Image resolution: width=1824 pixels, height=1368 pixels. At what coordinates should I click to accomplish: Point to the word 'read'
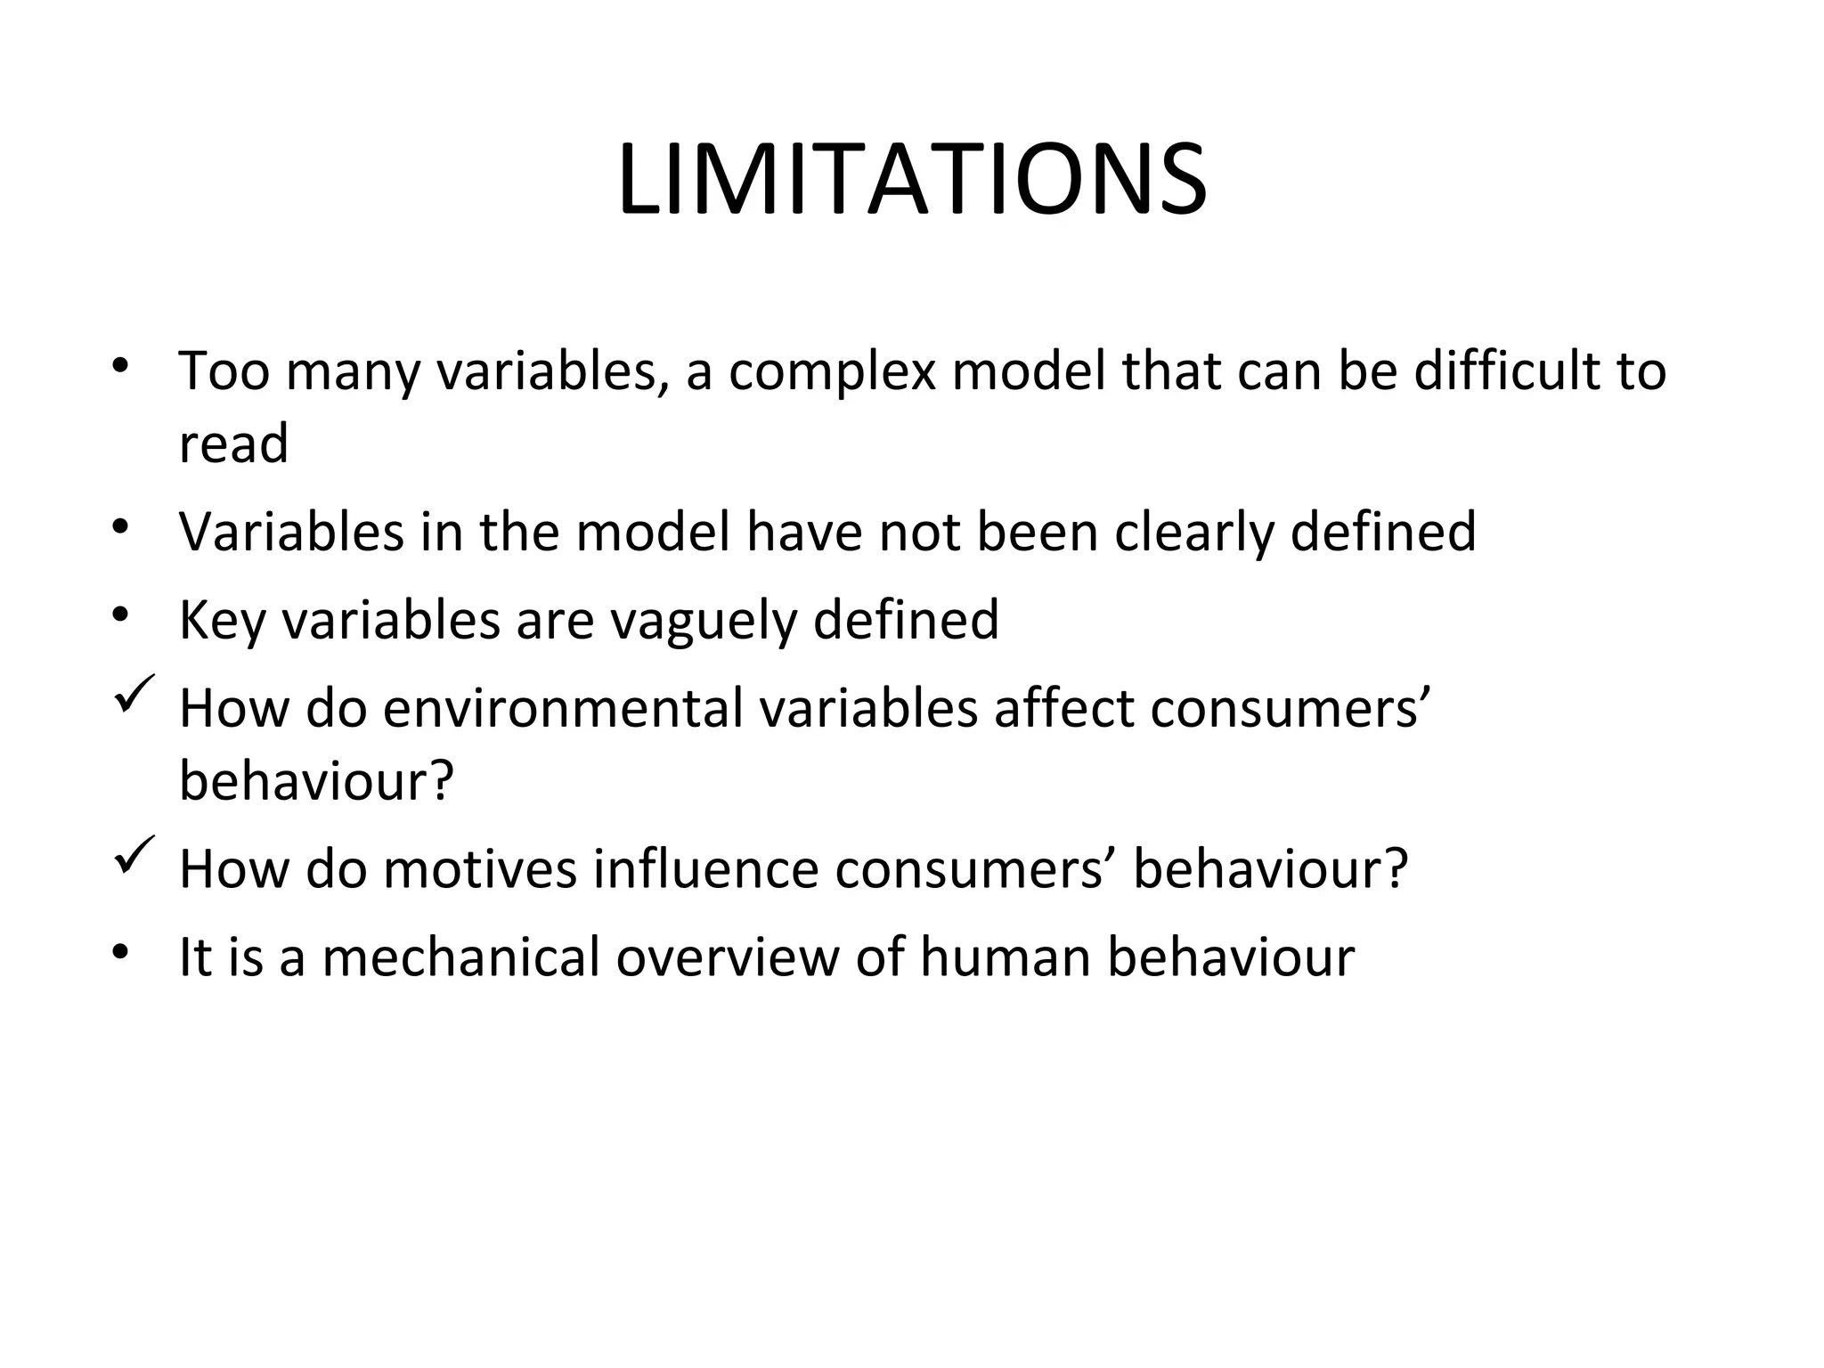coord(233,443)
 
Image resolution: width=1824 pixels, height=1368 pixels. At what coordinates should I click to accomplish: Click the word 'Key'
coord(222,621)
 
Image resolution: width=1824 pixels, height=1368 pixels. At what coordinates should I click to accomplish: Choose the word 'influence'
coord(705,869)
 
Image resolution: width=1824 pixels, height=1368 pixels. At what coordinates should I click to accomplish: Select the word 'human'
coord(1005,957)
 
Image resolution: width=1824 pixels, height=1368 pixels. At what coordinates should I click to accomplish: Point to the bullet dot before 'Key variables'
coord(121,614)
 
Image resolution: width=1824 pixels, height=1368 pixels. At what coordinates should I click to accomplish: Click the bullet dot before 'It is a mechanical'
coord(121,951)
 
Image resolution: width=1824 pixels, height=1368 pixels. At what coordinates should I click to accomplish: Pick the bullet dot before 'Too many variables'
coord(121,364)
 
